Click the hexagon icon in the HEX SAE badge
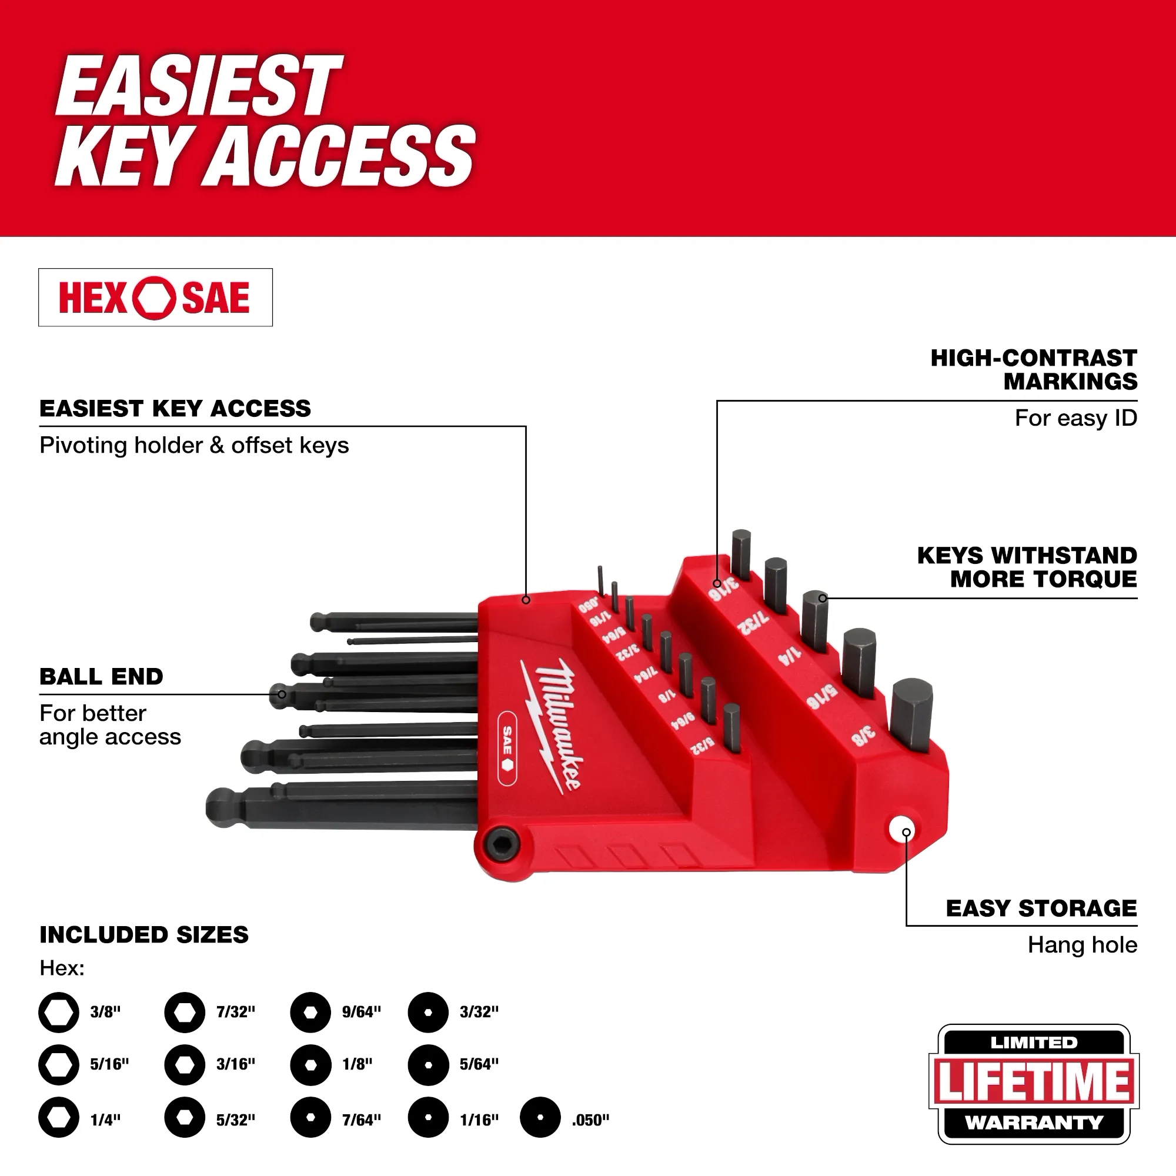[x=155, y=298]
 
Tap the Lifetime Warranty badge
[x=1033, y=1083]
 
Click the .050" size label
[x=590, y=1120]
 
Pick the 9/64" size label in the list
[x=362, y=1011]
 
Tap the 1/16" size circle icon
[x=428, y=1118]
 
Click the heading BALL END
[x=101, y=676]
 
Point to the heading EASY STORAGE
[x=1041, y=908]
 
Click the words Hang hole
[x=1082, y=945]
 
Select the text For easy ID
[x=1075, y=418]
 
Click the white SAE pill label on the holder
[x=507, y=747]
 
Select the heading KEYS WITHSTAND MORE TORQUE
[x=1027, y=567]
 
